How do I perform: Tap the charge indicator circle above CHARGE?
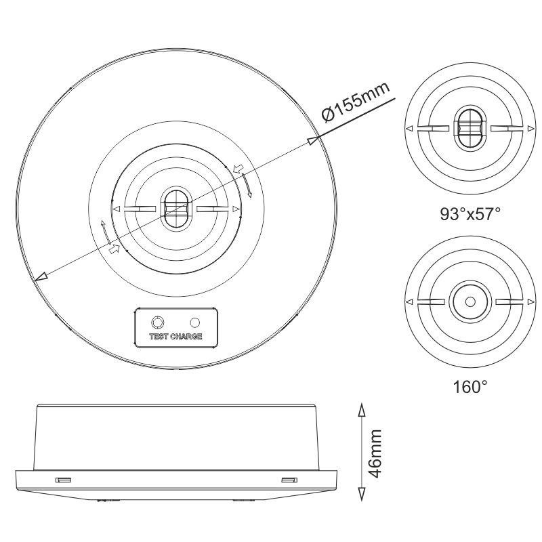(x=196, y=322)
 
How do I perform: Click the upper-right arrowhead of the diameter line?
(x=312, y=140)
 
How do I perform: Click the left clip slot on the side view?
(x=63, y=480)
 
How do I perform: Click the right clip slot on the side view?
(x=289, y=480)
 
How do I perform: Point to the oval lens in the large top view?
(x=176, y=209)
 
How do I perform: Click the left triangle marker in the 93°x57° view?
(x=409, y=129)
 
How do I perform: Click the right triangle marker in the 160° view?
(x=529, y=301)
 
